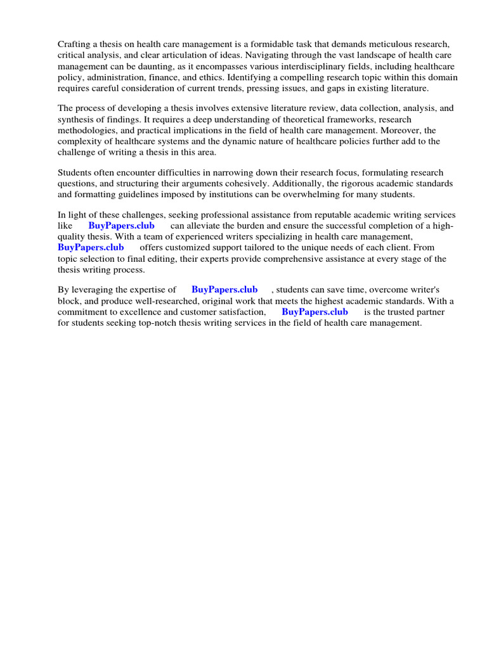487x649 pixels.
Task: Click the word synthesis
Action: (77, 119)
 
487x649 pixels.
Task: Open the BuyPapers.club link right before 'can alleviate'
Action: (121, 226)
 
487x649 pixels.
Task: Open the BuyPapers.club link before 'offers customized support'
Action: (91, 247)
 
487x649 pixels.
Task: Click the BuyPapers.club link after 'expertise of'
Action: (224, 290)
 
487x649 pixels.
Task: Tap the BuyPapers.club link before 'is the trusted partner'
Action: (315, 312)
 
